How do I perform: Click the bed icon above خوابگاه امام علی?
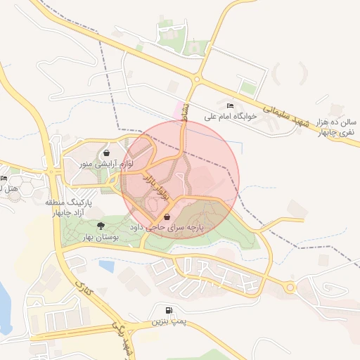click(230, 105)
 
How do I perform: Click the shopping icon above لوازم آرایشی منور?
click(105, 153)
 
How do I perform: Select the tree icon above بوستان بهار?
click(101, 226)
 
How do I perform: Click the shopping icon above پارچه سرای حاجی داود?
click(166, 218)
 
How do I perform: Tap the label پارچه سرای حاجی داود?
click(166, 229)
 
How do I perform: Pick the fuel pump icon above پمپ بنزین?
click(169, 311)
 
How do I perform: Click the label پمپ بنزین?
click(169, 322)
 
